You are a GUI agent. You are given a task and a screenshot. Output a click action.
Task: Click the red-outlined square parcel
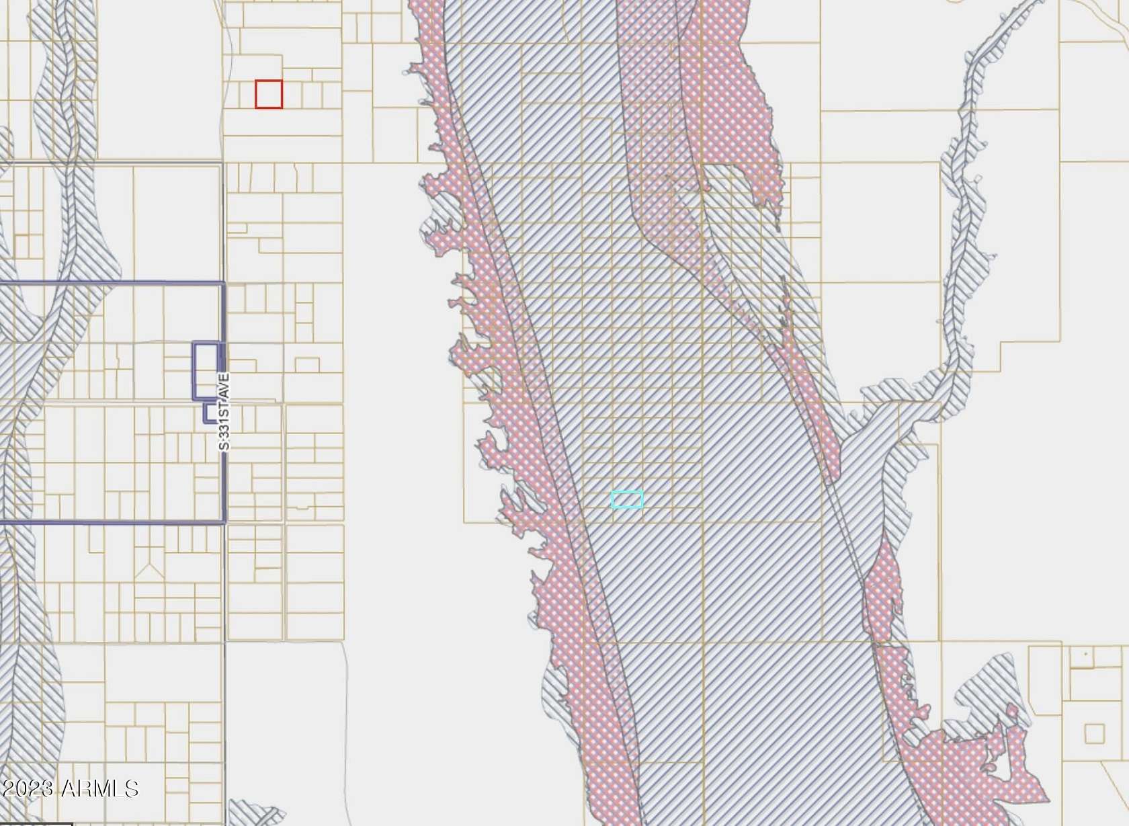(269, 94)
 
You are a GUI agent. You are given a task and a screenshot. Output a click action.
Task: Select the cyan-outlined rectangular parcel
(627, 499)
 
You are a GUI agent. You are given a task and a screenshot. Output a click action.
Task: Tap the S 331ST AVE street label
(224, 411)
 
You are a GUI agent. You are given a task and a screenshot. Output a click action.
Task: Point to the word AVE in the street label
(224, 385)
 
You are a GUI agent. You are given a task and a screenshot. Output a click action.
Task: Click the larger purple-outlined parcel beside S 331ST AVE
(206, 371)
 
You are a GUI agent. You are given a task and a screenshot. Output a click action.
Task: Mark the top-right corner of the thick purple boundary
(224, 284)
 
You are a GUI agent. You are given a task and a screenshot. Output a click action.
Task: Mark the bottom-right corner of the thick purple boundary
(224, 522)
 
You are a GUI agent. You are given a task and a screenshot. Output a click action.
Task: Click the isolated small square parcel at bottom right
(1095, 733)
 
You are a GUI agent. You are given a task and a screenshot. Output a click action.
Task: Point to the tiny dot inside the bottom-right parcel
(1086, 653)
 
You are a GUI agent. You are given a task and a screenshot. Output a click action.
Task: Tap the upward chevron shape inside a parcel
(149, 572)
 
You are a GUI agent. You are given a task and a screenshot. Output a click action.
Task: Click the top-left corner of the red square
(256, 81)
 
